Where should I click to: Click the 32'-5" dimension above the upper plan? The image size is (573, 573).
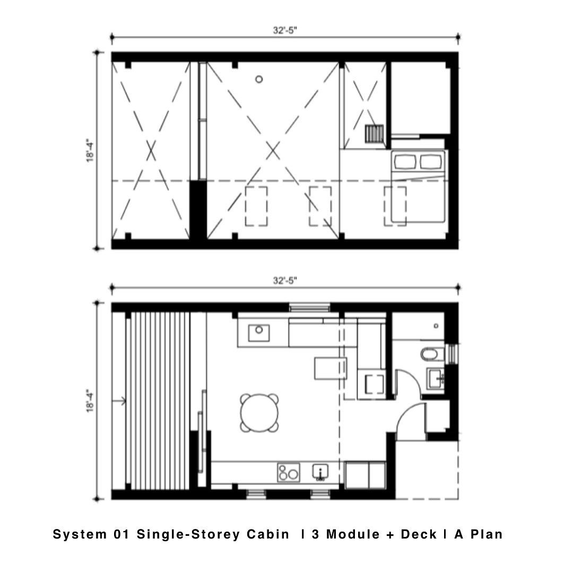[285, 30]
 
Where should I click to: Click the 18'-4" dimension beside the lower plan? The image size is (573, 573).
[90, 401]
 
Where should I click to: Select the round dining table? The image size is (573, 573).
[259, 413]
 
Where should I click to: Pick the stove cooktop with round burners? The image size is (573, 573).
[288, 473]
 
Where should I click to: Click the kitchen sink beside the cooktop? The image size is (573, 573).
[320, 472]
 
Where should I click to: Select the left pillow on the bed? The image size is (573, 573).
[405, 161]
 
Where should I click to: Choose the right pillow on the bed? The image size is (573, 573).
[431, 161]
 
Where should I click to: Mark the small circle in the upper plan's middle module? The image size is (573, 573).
[259, 79]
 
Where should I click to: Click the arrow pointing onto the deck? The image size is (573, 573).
[119, 401]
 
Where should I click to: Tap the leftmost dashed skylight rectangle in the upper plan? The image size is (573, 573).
[256, 206]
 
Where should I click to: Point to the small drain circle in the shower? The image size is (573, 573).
[436, 326]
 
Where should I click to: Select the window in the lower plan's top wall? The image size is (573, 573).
[309, 307]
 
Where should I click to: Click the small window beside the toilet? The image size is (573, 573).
[453, 354]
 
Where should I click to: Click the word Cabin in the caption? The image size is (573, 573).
[268, 534]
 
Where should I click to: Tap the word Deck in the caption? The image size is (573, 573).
[419, 534]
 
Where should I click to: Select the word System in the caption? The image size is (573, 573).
[80, 535]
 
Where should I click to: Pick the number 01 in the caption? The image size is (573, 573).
[122, 534]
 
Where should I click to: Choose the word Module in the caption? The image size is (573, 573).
[353, 534]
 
